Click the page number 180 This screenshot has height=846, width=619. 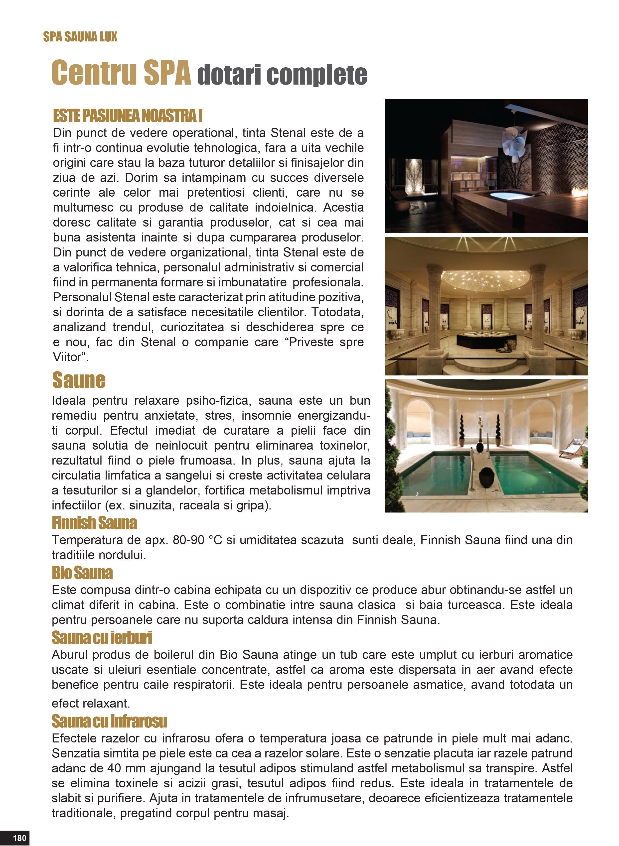point(19,837)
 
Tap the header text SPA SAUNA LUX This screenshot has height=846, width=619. point(80,37)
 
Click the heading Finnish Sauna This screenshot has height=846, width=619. point(94,523)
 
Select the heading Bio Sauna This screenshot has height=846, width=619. point(82,573)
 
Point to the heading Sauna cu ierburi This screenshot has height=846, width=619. point(102,637)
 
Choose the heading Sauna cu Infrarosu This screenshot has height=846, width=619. point(109,721)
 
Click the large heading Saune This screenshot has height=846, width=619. point(79,380)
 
